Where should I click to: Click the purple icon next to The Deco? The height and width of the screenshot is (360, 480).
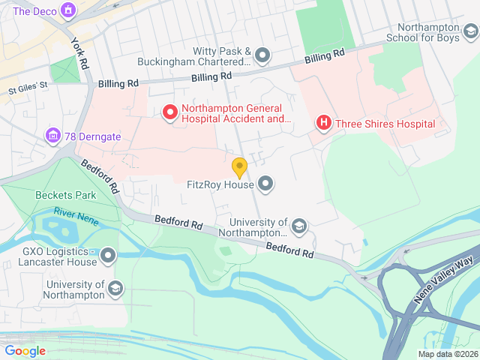pos(69,10)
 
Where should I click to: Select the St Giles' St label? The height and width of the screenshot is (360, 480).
pos(28,85)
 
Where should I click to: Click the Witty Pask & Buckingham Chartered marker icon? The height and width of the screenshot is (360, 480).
pos(262,55)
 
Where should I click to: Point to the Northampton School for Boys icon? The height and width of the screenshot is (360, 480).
pos(469,31)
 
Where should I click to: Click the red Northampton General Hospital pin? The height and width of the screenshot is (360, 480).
pos(170,112)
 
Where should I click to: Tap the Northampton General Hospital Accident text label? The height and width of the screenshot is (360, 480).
pos(235,112)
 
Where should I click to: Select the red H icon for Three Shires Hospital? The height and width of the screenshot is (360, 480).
pos(324,123)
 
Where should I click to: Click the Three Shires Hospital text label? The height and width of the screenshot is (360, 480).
pos(385,124)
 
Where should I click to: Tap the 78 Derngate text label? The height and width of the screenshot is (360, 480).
pos(93,136)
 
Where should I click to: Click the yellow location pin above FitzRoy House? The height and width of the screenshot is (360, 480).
pos(239,167)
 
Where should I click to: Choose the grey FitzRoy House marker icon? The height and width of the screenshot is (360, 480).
pos(265,183)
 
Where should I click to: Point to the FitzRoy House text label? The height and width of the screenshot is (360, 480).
pos(220,183)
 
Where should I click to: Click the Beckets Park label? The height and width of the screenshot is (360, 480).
pos(65,195)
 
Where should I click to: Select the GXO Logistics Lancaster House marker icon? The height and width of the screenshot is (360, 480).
pos(109,256)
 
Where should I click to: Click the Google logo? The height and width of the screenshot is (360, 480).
pos(25,350)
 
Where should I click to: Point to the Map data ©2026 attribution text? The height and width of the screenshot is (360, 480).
pos(447,354)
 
